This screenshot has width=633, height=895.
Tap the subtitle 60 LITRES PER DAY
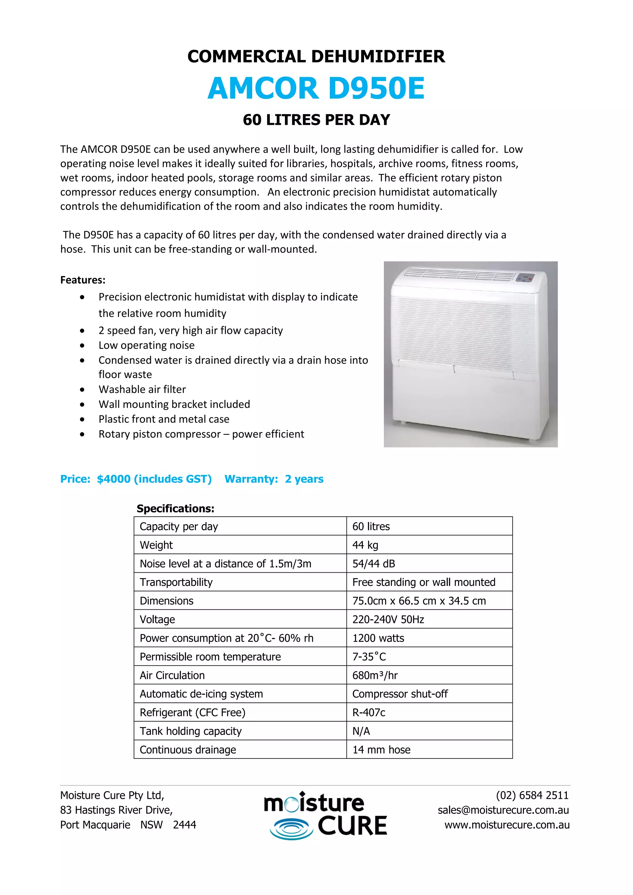pyautogui.click(x=316, y=120)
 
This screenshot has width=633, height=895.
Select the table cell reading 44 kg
pyautogui.click(x=365, y=545)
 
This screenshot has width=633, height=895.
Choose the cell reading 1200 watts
pyautogui.click(x=378, y=638)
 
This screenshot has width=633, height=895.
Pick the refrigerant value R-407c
pyautogui.click(x=369, y=713)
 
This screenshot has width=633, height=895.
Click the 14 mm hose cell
pyautogui.click(x=381, y=750)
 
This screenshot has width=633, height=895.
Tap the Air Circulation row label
pyautogui.click(x=172, y=675)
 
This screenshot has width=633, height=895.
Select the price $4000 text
pyautogui.click(x=113, y=479)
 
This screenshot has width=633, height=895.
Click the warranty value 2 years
pyautogui.click(x=304, y=479)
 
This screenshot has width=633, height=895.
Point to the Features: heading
pyautogui.click(x=83, y=280)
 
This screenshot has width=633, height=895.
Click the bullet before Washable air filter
pyautogui.click(x=82, y=389)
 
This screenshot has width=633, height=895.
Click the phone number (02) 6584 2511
pyautogui.click(x=532, y=795)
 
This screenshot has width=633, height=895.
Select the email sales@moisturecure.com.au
pyautogui.click(x=503, y=810)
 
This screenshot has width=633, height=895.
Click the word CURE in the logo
pyautogui.click(x=352, y=825)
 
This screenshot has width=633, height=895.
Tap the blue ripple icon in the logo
pyautogui.click(x=291, y=828)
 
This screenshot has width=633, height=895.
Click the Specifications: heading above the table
pyautogui.click(x=175, y=508)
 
